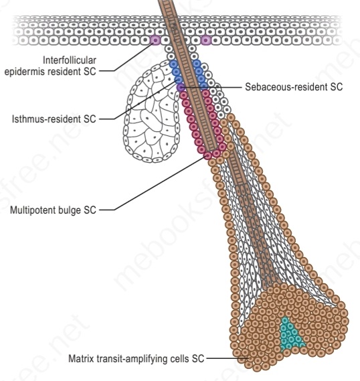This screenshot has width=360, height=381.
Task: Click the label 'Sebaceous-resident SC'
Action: pyautogui.click(x=294, y=87)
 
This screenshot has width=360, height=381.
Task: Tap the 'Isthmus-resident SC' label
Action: pyautogui.click(x=54, y=119)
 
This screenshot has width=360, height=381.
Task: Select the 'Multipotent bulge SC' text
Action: pyautogui.click(x=53, y=210)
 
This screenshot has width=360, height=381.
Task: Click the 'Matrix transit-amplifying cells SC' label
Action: pyautogui.click(x=137, y=358)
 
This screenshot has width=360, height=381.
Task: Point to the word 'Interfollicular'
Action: pyautogui.click(x=70, y=60)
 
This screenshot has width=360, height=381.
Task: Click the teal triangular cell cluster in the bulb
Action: pyautogui.click(x=290, y=333)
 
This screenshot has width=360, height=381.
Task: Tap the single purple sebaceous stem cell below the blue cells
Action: pyautogui.click(x=181, y=87)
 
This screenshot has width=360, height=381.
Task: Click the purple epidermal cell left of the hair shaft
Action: pyautogui.click(x=155, y=40)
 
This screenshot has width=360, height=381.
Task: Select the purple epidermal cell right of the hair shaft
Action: pyautogui.click(x=206, y=40)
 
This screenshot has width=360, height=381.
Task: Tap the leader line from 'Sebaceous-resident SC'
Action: pyautogui.click(x=211, y=87)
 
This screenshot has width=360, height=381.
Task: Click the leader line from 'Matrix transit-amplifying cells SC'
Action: pyautogui.click(x=228, y=358)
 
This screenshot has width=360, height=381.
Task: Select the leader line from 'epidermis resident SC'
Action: pyautogui.click(x=126, y=56)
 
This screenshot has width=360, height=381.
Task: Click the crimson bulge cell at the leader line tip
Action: pyautogui.click(x=208, y=155)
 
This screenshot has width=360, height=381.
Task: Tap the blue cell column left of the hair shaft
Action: pyautogui.click(x=176, y=72)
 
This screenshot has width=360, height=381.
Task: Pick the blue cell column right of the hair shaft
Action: pyautogui.click(x=201, y=74)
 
